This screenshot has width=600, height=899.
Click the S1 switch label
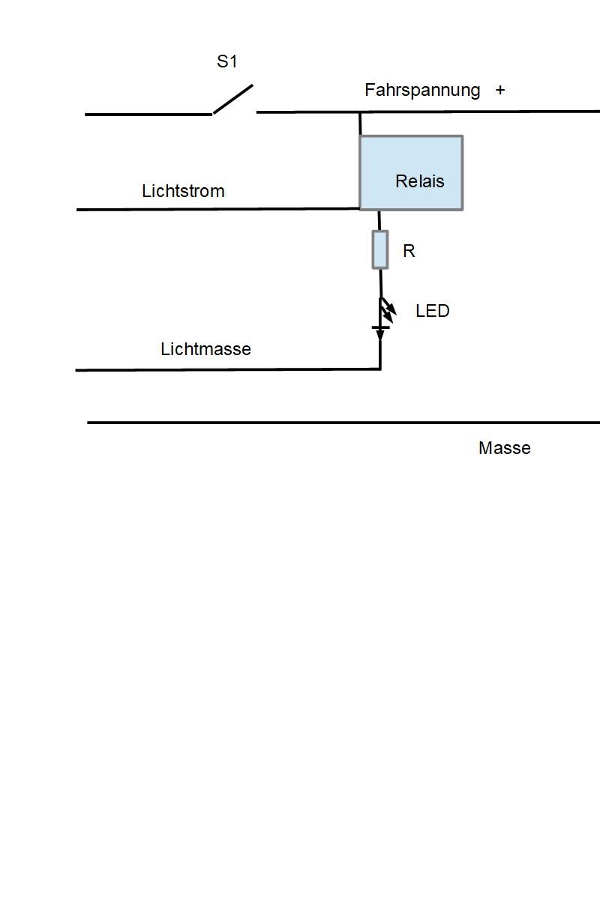click(227, 62)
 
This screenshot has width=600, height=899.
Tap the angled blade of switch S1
click(233, 99)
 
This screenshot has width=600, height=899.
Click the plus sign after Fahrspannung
click(500, 91)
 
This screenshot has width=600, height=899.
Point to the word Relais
click(420, 181)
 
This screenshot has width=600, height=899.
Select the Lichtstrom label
click(183, 191)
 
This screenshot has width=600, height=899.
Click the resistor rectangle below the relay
click(380, 249)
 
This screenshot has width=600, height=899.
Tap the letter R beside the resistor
click(409, 252)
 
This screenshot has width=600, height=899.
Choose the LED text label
click(433, 311)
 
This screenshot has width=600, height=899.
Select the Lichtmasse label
click(205, 349)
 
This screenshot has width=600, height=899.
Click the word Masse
click(505, 448)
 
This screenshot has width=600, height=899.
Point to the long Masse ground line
click(337, 423)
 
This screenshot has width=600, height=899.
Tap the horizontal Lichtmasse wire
click(225, 369)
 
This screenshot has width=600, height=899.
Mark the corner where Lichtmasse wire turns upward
click(380, 368)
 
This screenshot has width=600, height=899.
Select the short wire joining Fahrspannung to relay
click(360, 124)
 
